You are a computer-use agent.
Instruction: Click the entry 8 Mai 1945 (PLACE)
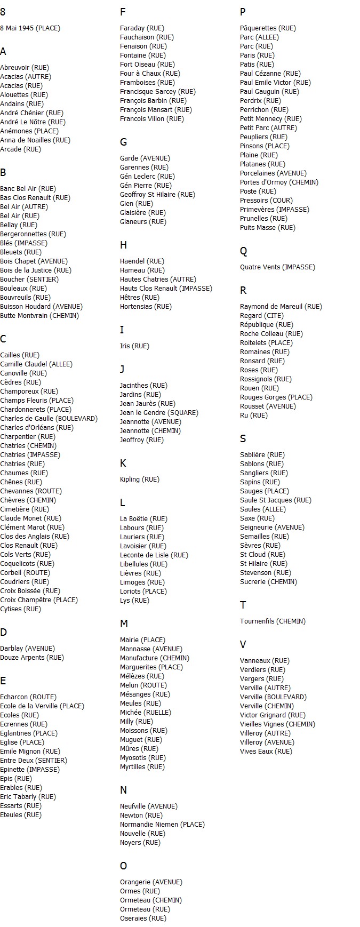pyautogui.click(x=30, y=28)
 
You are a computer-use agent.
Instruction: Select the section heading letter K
pyautogui.click(x=123, y=463)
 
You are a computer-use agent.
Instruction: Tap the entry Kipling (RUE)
pyautogui.click(x=139, y=480)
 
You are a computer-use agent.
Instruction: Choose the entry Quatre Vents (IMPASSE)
pyautogui.click(x=277, y=267)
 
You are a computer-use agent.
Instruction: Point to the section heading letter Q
pyautogui.click(x=243, y=251)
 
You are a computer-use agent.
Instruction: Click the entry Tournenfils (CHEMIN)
pyautogui.click(x=273, y=621)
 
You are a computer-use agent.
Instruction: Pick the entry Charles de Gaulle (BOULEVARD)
pyautogui.click(x=49, y=419)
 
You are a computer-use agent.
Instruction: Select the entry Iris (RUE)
pyautogui.click(x=134, y=346)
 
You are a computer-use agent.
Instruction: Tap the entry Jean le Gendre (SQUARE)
pyautogui.click(x=159, y=413)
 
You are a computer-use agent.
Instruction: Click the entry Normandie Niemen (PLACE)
pyautogui.click(x=162, y=825)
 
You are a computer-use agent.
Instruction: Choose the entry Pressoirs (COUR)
pyautogui.click(x=266, y=201)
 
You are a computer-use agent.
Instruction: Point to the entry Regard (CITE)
pyautogui.click(x=262, y=316)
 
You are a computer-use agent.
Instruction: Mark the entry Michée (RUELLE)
pyautogui.click(x=146, y=713)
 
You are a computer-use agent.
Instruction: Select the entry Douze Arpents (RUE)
pyautogui.click(x=32, y=658)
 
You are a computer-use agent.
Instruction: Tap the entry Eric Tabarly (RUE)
pyautogui.click(x=28, y=797)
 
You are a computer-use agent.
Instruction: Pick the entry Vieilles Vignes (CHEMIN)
pyautogui.click(x=277, y=724)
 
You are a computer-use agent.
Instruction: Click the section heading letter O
pyautogui.click(x=123, y=866)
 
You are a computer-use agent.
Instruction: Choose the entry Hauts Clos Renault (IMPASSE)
pyautogui.click(x=166, y=289)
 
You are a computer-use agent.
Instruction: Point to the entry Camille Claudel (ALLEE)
pyautogui.click(x=36, y=364)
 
